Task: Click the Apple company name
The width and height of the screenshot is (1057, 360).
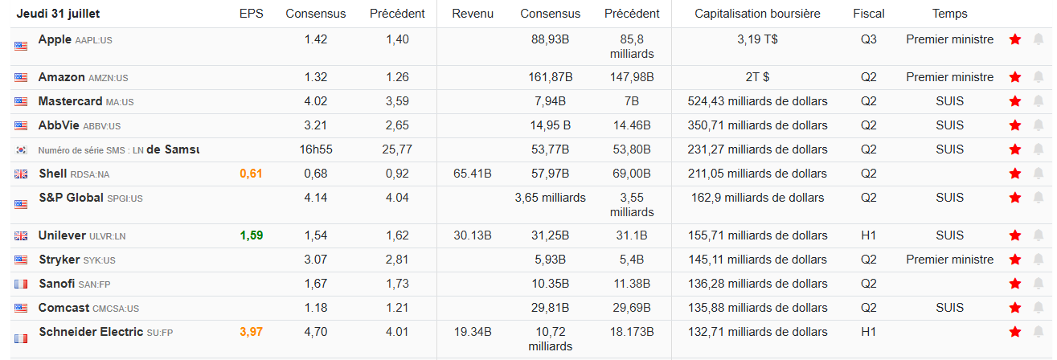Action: point(55,39)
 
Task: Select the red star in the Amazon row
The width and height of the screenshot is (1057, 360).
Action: point(1015,77)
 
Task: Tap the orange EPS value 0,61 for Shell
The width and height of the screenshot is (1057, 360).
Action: point(251,174)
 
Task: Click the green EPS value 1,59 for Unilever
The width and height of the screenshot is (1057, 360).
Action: point(251,235)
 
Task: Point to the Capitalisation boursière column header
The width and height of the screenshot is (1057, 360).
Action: point(757,14)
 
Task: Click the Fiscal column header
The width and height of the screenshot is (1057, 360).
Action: point(869,14)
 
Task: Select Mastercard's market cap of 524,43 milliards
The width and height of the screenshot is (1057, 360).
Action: point(757,101)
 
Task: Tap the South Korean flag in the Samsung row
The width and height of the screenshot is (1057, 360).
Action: point(21,150)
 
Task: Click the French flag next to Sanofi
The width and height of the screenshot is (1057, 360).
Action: point(21,284)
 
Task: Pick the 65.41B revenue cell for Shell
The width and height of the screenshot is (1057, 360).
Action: point(473,174)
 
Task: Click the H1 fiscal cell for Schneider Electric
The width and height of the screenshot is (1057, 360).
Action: point(869,332)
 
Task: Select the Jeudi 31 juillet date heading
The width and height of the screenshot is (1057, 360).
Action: point(58,14)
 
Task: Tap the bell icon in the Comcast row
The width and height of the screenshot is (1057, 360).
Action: point(1039,308)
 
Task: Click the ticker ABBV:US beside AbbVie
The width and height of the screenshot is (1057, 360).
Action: point(103,126)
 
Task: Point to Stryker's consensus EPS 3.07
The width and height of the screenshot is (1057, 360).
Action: point(316,260)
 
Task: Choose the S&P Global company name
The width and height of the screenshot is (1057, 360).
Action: point(71,198)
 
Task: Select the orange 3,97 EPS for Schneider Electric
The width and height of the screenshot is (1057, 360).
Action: point(251,332)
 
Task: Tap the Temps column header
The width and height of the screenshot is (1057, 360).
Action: point(949,14)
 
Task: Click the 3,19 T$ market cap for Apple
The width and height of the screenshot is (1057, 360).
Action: point(757,39)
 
